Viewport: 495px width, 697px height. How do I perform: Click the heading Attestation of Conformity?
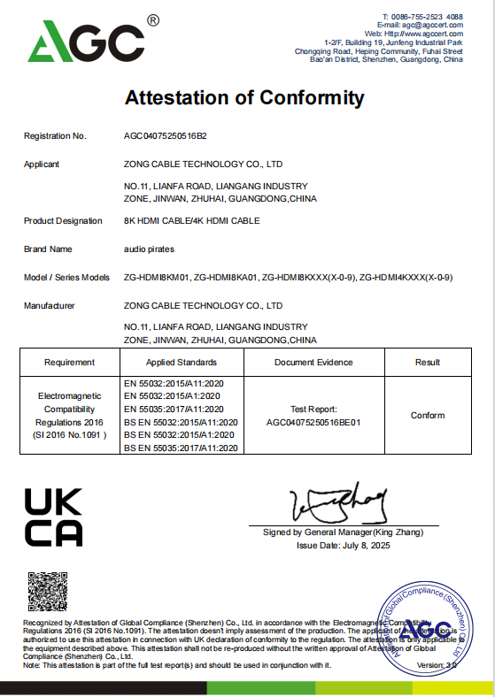click(x=244, y=97)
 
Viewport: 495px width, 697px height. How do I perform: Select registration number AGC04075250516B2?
click(x=165, y=136)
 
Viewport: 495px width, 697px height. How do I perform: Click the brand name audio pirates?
click(x=149, y=249)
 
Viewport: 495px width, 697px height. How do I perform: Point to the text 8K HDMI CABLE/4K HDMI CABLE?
click(x=191, y=220)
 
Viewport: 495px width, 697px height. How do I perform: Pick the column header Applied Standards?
click(x=182, y=363)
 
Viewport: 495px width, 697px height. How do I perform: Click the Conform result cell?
click(x=428, y=416)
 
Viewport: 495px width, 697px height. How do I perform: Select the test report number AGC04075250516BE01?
click(x=313, y=423)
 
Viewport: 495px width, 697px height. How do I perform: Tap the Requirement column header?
click(x=69, y=363)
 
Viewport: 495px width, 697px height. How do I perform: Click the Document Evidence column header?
click(x=313, y=363)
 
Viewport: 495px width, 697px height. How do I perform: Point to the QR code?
click(x=46, y=591)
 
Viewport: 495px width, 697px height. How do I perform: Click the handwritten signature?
click(x=341, y=503)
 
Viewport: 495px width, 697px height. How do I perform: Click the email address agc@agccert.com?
click(x=434, y=26)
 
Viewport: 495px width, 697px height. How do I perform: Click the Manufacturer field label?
click(x=50, y=305)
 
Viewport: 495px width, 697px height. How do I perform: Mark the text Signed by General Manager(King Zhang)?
click(x=343, y=532)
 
